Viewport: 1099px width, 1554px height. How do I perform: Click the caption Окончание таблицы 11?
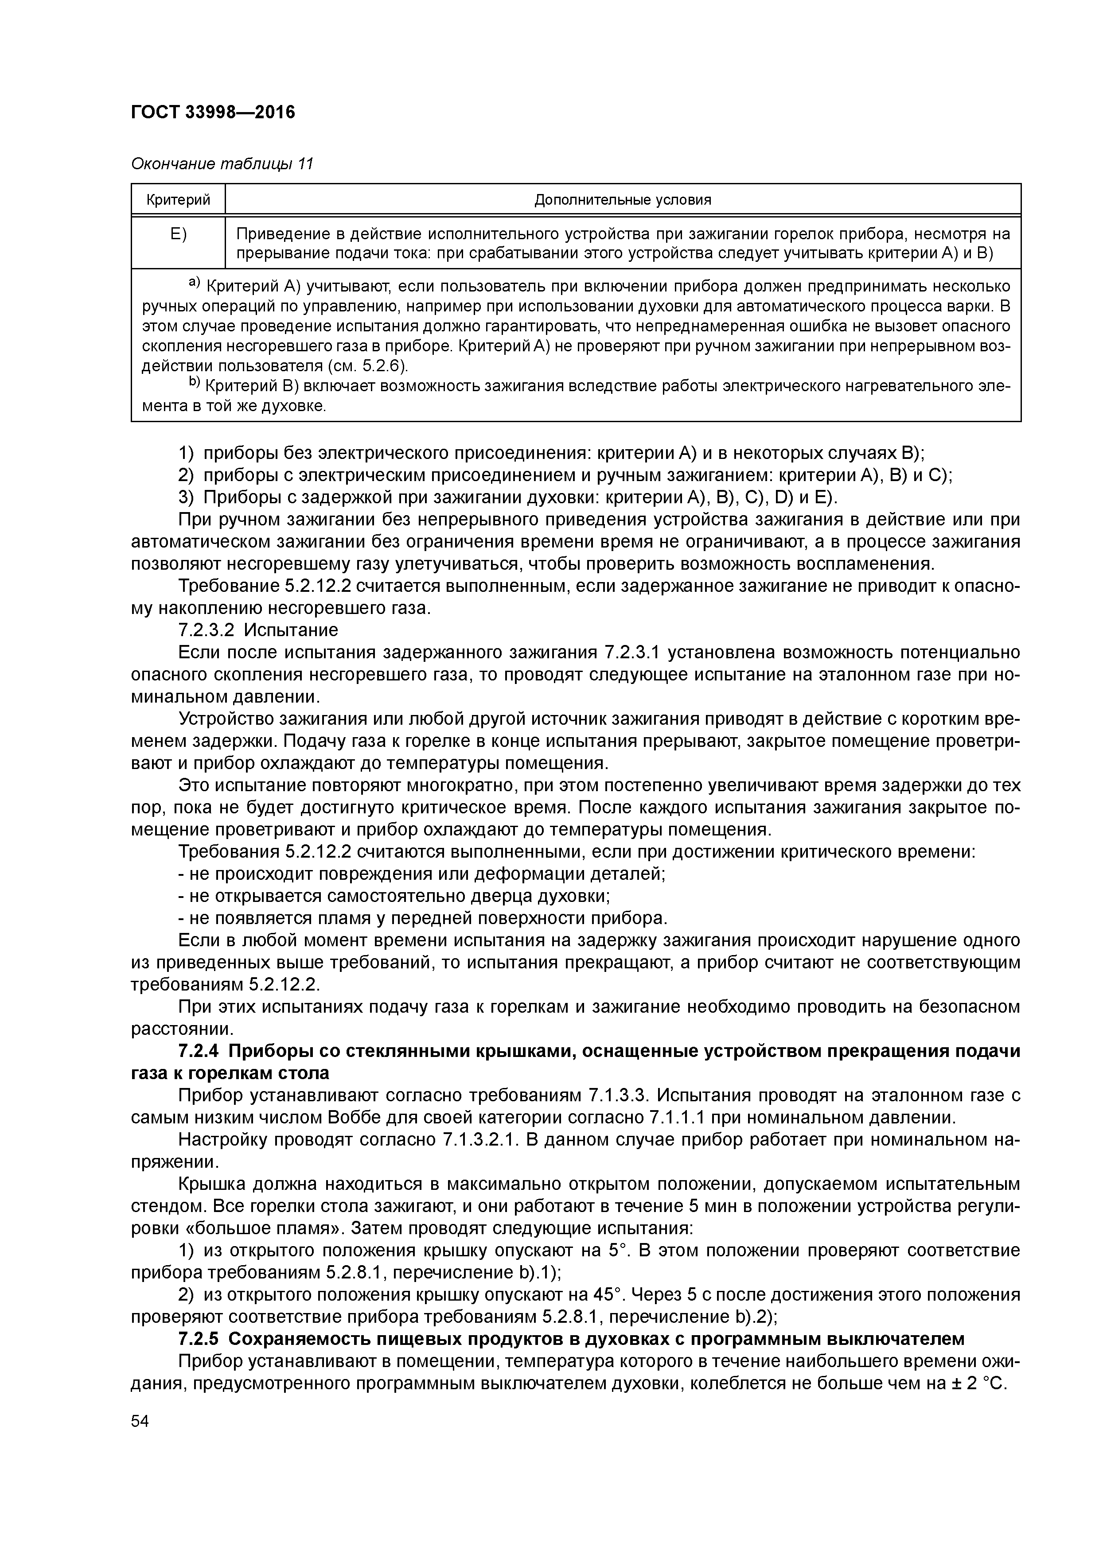[x=222, y=164]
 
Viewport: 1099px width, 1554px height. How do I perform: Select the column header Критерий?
[x=178, y=200]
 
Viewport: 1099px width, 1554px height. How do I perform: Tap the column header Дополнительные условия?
[x=622, y=200]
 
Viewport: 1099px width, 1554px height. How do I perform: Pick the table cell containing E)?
[x=178, y=235]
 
